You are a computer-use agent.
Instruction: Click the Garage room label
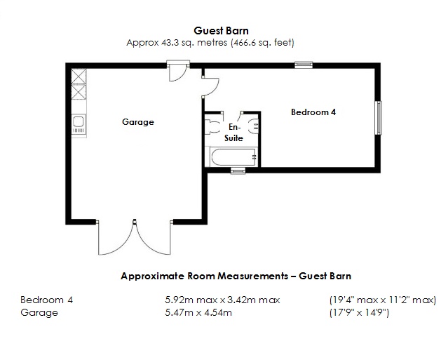pos(137,122)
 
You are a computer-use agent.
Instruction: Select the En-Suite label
pos(233,133)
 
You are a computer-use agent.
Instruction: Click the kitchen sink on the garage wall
pos(79,125)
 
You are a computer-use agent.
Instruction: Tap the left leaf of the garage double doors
pos(115,239)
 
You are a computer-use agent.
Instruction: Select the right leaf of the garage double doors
pos(153,239)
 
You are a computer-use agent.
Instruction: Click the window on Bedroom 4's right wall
pos(379,117)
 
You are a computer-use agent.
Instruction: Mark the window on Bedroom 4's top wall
pos(303,65)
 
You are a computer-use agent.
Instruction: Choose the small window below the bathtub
pos(238,170)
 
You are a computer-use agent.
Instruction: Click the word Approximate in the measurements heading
pos(149,276)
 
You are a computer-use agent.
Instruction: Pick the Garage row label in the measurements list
pos(39,312)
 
